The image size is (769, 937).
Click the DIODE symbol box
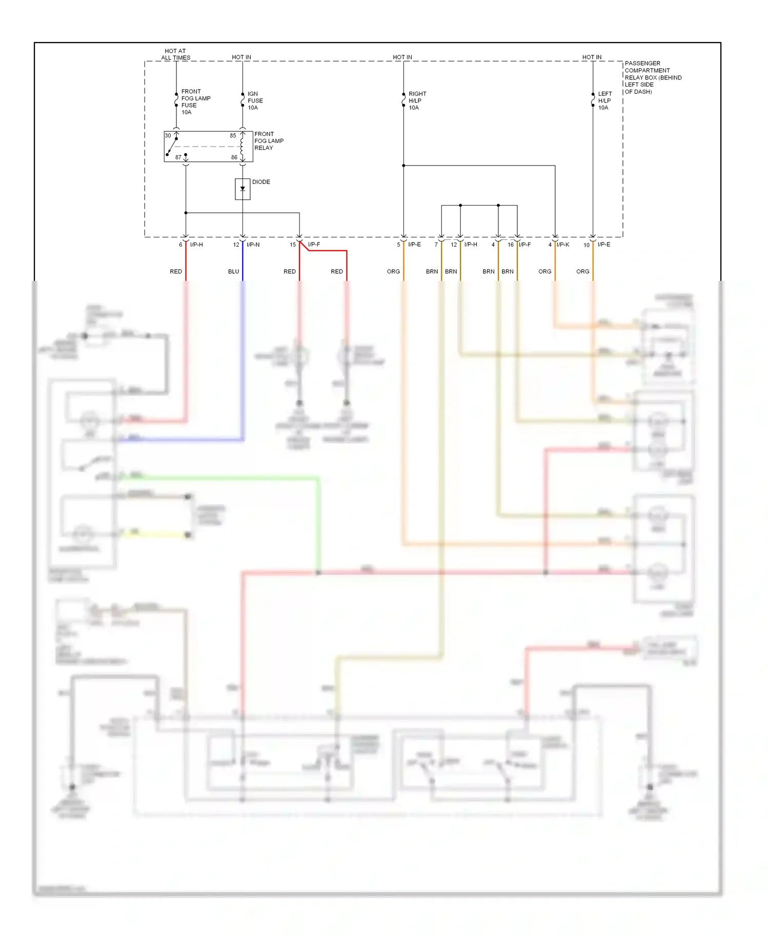[242, 189]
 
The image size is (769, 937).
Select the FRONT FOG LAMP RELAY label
[269, 141]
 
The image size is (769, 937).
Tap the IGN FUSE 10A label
[255, 100]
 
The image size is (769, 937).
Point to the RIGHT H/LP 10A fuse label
[417, 100]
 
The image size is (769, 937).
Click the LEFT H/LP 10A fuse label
[604, 100]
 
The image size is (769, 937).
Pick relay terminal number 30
[168, 135]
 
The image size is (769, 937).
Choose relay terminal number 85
[233, 136]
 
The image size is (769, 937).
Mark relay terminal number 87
[178, 157]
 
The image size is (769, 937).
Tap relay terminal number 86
[234, 157]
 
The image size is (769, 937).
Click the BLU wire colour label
[233, 272]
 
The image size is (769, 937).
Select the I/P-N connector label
[253, 245]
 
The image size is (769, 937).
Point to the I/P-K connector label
[563, 245]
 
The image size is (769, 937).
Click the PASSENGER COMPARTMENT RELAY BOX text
[652, 77]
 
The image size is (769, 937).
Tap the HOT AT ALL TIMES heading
[175, 54]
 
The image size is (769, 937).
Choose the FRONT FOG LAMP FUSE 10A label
[195, 101]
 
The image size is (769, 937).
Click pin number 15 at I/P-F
[293, 245]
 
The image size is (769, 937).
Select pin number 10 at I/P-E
[586, 245]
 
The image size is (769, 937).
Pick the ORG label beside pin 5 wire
[393, 272]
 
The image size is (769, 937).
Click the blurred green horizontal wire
[220, 478]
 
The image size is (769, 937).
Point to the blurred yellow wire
[154, 535]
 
